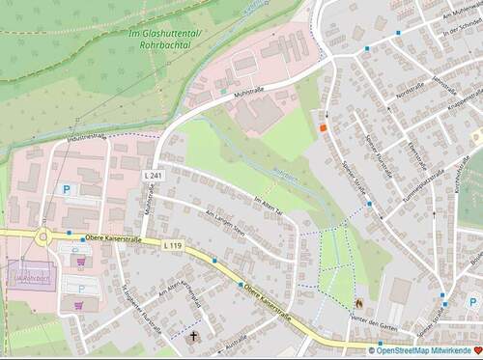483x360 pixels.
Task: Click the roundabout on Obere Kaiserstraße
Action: pyautogui.click(x=43, y=235)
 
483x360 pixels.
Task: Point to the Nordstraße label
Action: pyautogui.click(x=411, y=88)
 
